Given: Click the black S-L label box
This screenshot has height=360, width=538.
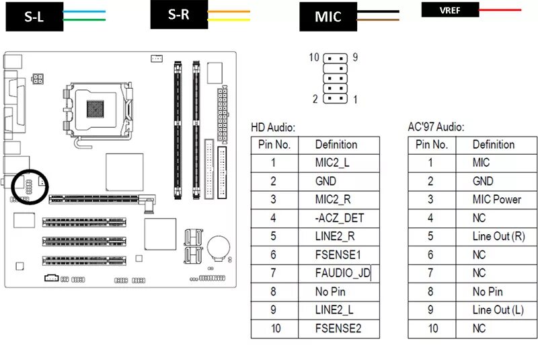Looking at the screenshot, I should (x=34, y=17).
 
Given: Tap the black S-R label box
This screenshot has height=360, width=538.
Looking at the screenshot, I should (x=178, y=15).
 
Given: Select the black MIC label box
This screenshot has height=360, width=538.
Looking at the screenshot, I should (x=328, y=17).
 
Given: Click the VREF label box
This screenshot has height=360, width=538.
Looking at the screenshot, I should (x=450, y=9).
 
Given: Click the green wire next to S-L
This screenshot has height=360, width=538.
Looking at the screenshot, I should (x=84, y=20).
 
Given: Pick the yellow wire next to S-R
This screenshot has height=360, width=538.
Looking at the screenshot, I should (x=229, y=20).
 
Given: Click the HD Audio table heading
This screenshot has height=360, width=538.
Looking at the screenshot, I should (x=273, y=127).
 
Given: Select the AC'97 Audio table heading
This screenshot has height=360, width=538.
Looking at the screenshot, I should (x=436, y=127).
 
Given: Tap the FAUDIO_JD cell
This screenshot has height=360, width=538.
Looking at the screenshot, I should (x=342, y=273).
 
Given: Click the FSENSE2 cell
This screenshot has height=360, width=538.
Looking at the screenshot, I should (x=338, y=328).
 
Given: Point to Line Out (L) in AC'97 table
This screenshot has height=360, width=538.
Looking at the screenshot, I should (x=498, y=310).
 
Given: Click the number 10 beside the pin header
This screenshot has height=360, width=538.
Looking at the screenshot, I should (x=314, y=58).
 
